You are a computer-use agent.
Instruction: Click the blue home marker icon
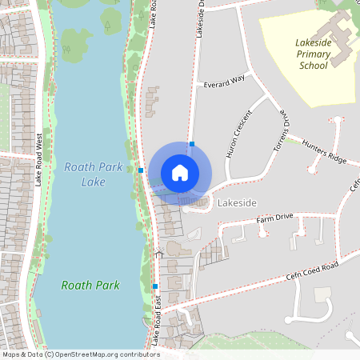pos(180,173)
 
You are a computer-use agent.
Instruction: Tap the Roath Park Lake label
pos(82,175)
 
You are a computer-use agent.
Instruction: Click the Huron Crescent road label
pos(239,133)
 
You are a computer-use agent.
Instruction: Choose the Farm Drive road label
pos(274,218)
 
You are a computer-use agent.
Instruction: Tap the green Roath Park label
pos(90,285)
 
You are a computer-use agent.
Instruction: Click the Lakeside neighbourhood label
pos(236,202)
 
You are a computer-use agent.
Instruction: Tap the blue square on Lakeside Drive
pos(192,144)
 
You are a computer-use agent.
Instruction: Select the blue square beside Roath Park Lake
pos(141,170)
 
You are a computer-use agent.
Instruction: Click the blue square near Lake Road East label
pos(155,286)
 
